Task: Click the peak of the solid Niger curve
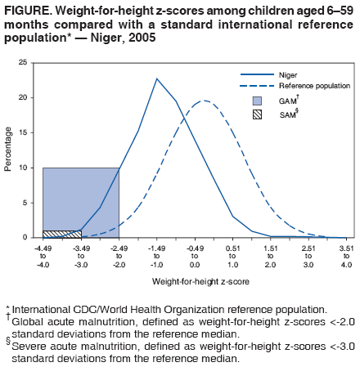pos(157,78)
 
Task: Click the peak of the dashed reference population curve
pos(204,101)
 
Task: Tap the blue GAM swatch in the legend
pos(257,101)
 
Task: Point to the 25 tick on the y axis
pos(33,62)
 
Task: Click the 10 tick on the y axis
pos(33,168)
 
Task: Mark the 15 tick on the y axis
pos(33,132)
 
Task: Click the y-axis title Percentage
pos(9,149)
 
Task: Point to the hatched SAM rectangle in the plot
pos(61,234)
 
